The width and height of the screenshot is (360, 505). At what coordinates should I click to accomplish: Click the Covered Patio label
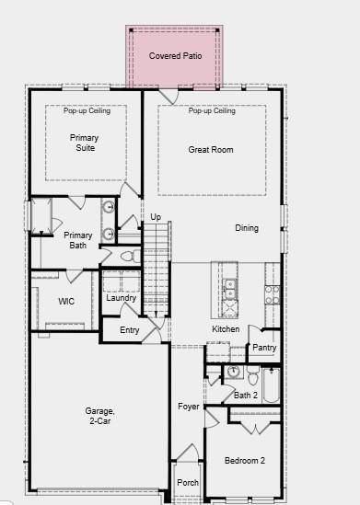[x=175, y=56]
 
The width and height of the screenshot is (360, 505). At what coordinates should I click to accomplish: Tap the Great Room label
[x=211, y=149]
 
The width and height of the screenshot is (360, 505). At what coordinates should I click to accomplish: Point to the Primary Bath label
[x=78, y=240]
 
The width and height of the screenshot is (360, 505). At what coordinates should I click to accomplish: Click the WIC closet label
[x=66, y=301]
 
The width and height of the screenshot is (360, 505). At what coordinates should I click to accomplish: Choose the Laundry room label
[x=121, y=298]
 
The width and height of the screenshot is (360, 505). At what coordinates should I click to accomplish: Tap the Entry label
[x=130, y=330]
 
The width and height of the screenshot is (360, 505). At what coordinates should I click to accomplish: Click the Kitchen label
[x=226, y=329]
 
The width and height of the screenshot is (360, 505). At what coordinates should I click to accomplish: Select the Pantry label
[x=264, y=348]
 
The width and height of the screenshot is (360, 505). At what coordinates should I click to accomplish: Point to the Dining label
[x=247, y=228]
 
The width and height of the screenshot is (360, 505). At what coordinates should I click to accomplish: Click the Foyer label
[x=189, y=406]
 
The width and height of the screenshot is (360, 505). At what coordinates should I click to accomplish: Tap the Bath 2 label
[x=246, y=396]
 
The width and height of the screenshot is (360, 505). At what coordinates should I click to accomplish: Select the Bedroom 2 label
[x=245, y=460]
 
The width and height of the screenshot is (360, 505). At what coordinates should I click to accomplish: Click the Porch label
[x=188, y=483]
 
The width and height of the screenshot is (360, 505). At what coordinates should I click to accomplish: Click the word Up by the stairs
[x=156, y=217]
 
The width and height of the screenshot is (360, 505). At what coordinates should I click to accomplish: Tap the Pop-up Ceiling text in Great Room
[x=212, y=111]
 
